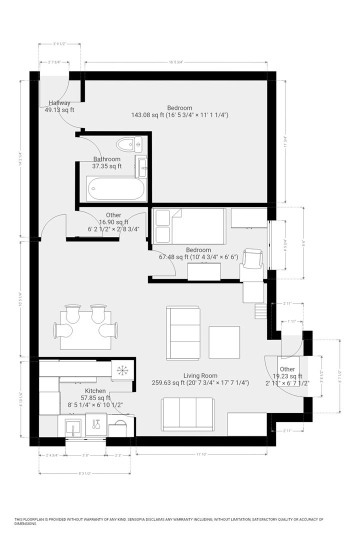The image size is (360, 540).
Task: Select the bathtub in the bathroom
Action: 116,188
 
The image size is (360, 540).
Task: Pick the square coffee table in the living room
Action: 224,342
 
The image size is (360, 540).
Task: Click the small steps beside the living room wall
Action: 259,311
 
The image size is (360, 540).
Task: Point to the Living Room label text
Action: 200,375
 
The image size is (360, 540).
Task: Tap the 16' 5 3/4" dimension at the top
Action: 176,62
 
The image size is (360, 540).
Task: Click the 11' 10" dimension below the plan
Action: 201,454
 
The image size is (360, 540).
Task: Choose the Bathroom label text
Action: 107,159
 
